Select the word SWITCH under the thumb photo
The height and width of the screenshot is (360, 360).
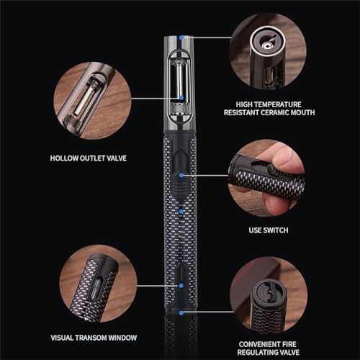click(x=275, y=230)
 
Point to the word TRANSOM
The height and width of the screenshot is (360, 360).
click(x=92, y=338)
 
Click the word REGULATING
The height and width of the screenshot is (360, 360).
click(x=257, y=352)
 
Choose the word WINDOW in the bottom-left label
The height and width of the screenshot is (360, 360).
click(x=122, y=338)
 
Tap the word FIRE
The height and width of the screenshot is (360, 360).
click(x=289, y=344)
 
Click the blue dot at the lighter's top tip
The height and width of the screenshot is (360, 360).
click(x=181, y=37)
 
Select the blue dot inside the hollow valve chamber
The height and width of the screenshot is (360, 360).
click(x=181, y=98)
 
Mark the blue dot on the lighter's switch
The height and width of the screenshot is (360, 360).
click(x=181, y=176)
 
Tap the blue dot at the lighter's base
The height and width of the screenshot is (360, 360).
click(x=181, y=312)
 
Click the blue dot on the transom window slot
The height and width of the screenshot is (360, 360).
click(x=181, y=286)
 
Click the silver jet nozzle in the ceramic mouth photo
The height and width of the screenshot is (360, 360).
click(x=266, y=45)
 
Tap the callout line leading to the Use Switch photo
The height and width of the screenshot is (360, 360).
click(x=206, y=176)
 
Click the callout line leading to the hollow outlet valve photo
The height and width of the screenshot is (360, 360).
click(x=156, y=98)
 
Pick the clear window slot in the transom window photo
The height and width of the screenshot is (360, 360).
click(x=95, y=287)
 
